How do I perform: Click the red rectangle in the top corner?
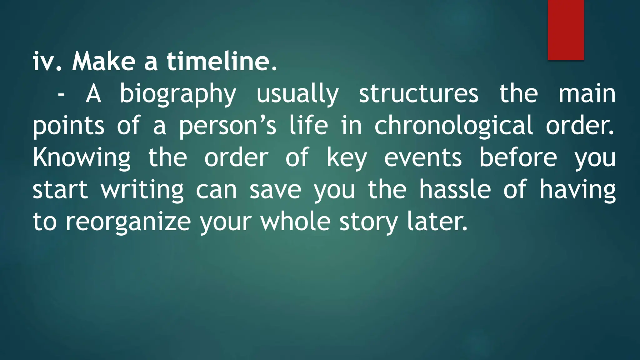(566, 30)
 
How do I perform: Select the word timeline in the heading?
(221, 61)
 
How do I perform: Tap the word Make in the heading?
(103, 61)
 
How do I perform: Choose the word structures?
(418, 94)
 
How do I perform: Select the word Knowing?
(82, 158)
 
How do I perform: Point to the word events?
(423, 157)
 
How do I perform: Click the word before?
(518, 157)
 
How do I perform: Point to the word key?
(347, 158)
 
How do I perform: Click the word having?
(577, 190)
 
